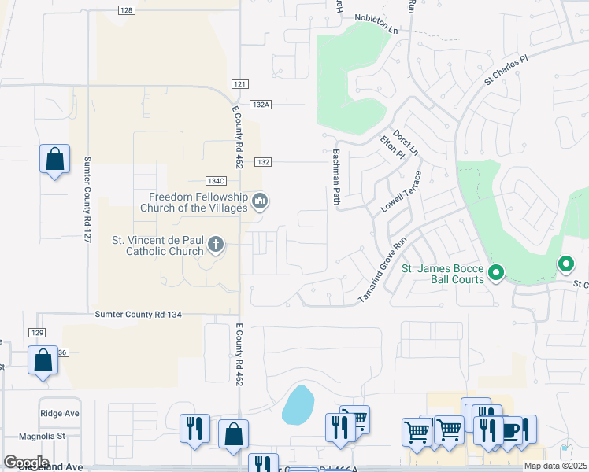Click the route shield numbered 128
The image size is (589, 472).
tap(127, 10)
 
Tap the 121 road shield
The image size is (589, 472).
tap(241, 84)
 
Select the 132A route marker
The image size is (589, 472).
tap(261, 104)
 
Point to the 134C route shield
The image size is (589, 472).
tap(216, 181)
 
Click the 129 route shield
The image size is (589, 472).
tap(38, 334)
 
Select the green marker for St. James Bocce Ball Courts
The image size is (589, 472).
tap(495, 274)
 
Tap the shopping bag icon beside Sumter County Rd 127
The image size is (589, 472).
tap(54, 160)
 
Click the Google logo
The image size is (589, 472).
tap(25, 463)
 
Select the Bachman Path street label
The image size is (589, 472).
tap(336, 178)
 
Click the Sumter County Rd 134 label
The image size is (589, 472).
tap(138, 314)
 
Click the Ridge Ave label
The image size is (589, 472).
tap(60, 413)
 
